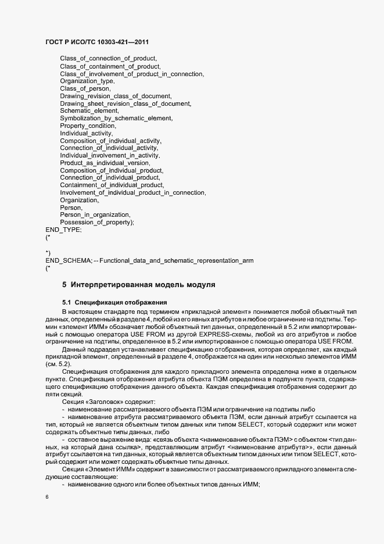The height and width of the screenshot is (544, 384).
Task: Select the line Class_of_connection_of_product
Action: [x=109, y=59]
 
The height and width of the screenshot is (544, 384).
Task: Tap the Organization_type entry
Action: [x=91, y=81]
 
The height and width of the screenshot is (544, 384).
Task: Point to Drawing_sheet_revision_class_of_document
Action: [x=125, y=103]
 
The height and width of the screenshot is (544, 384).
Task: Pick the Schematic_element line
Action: [x=89, y=111]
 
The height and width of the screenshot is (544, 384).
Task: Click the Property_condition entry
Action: [x=88, y=126]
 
